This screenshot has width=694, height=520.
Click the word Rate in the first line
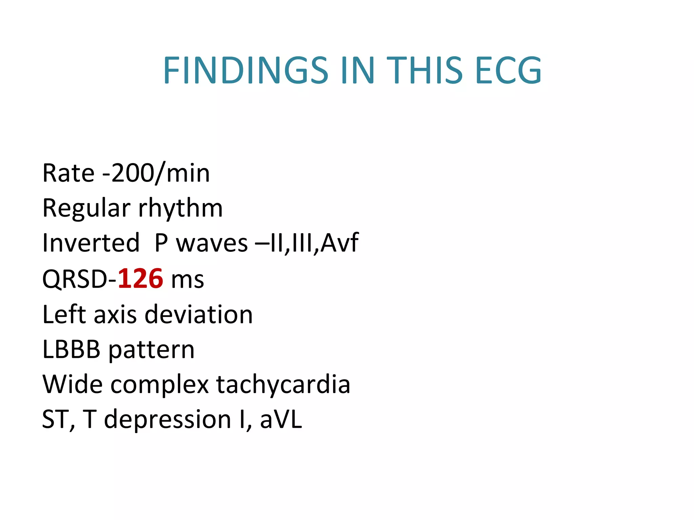click(x=68, y=173)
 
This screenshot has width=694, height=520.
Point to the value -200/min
click(x=156, y=173)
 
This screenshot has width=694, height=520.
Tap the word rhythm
click(x=181, y=208)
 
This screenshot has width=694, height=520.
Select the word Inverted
click(x=91, y=243)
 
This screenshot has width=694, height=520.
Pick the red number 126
click(x=140, y=279)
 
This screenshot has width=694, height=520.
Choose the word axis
click(x=115, y=315)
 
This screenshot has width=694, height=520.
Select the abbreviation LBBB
click(x=71, y=349)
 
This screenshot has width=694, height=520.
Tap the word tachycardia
click(x=283, y=385)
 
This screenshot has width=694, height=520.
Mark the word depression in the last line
click(x=167, y=419)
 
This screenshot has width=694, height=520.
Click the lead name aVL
click(x=281, y=419)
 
